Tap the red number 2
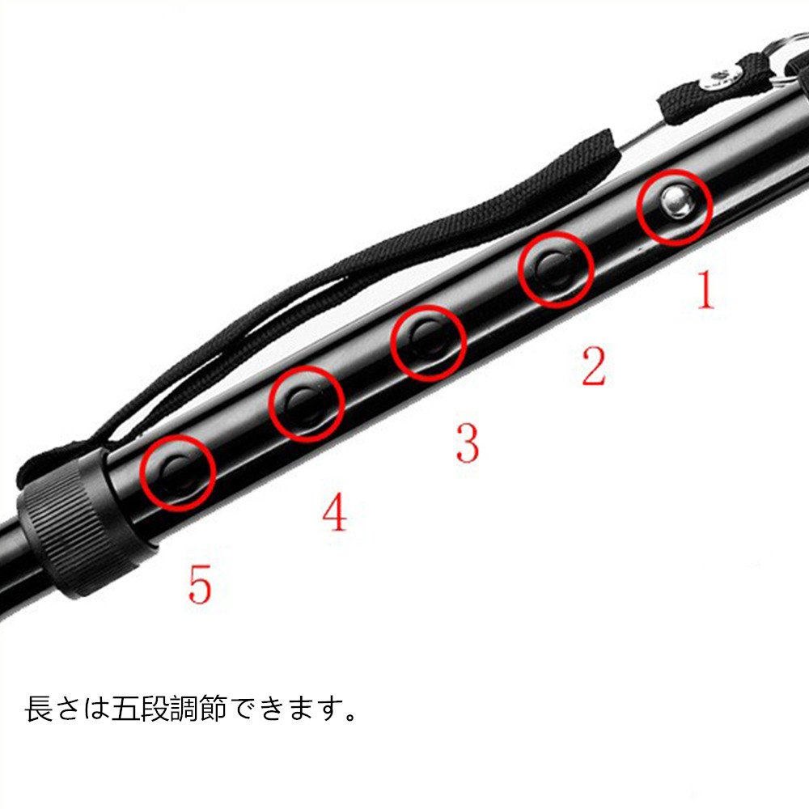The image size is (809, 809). tap(593, 366)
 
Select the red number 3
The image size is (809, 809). tap(468, 443)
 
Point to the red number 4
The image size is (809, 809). tap(335, 511)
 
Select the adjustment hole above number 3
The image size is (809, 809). tap(428, 341)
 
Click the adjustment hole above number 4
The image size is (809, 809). tap(305, 403)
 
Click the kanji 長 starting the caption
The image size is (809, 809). tap(39, 709)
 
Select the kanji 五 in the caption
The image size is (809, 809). tap(126, 709)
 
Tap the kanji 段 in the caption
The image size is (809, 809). tap(155, 709)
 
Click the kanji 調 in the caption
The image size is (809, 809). tap(184, 709)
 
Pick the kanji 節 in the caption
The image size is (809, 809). tap(213, 709)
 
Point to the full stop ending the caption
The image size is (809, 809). tap(351, 717)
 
